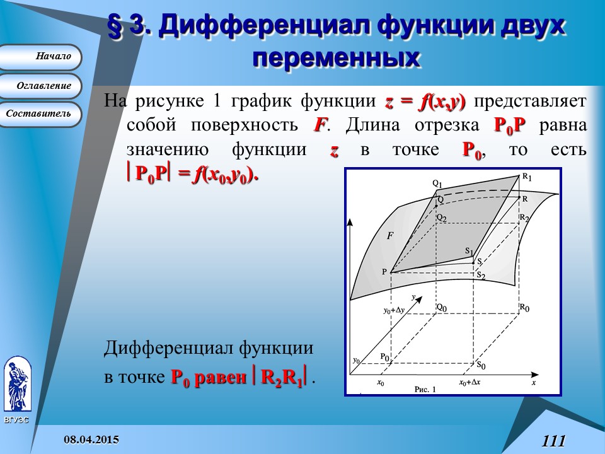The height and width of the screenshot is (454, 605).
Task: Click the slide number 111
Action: pyautogui.click(x=553, y=441)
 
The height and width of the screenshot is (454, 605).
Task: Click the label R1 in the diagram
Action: pyautogui.click(x=526, y=178)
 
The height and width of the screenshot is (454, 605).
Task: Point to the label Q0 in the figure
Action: pyautogui.click(x=442, y=308)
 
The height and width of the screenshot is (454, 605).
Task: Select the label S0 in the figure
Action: pyautogui.click(x=481, y=365)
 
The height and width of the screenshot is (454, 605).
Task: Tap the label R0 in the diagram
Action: pyautogui.click(x=524, y=308)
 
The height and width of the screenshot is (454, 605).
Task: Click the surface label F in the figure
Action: pyautogui.click(x=390, y=236)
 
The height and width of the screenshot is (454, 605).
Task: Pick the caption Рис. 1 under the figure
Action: pyautogui.click(x=425, y=390)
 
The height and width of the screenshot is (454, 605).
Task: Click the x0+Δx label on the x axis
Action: pyautogui.click(x=471, y=382)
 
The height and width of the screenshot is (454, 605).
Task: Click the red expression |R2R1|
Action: pyautogui.click(x=282, y=378)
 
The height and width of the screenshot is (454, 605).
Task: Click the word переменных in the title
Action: pyautogui.click(x=335, y=58)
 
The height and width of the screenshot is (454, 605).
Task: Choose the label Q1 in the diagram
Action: pyautogui.click(x=437, y=183)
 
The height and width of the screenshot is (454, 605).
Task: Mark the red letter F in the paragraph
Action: pyautogui.click(x=320, y=125)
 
